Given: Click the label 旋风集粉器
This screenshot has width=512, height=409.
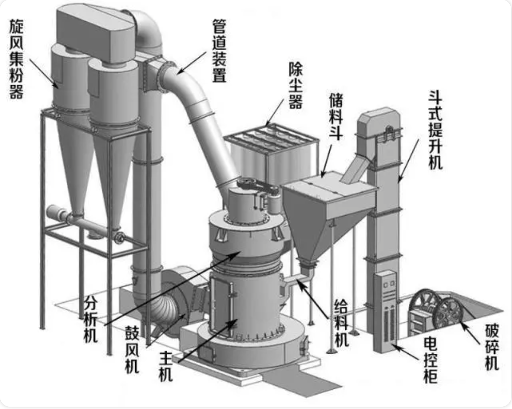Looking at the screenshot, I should [x=16, y=60].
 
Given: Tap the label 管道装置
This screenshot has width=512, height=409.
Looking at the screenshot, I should [x=219, y=51].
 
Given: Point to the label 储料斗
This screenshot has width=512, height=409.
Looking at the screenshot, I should [x=336, y=116].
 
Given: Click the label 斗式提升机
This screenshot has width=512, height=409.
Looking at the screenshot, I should [x=435, y=130].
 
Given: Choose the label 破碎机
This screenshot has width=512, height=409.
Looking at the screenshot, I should [x=492, y=347].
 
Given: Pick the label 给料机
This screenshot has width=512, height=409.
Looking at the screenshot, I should [x=341, y=323].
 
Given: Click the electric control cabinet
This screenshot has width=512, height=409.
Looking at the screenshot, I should [x=385, y=311].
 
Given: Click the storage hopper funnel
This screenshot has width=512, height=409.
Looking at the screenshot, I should [x=312, y=222].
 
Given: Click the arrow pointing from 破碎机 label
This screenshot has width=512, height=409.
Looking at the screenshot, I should [x=471, y=332].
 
